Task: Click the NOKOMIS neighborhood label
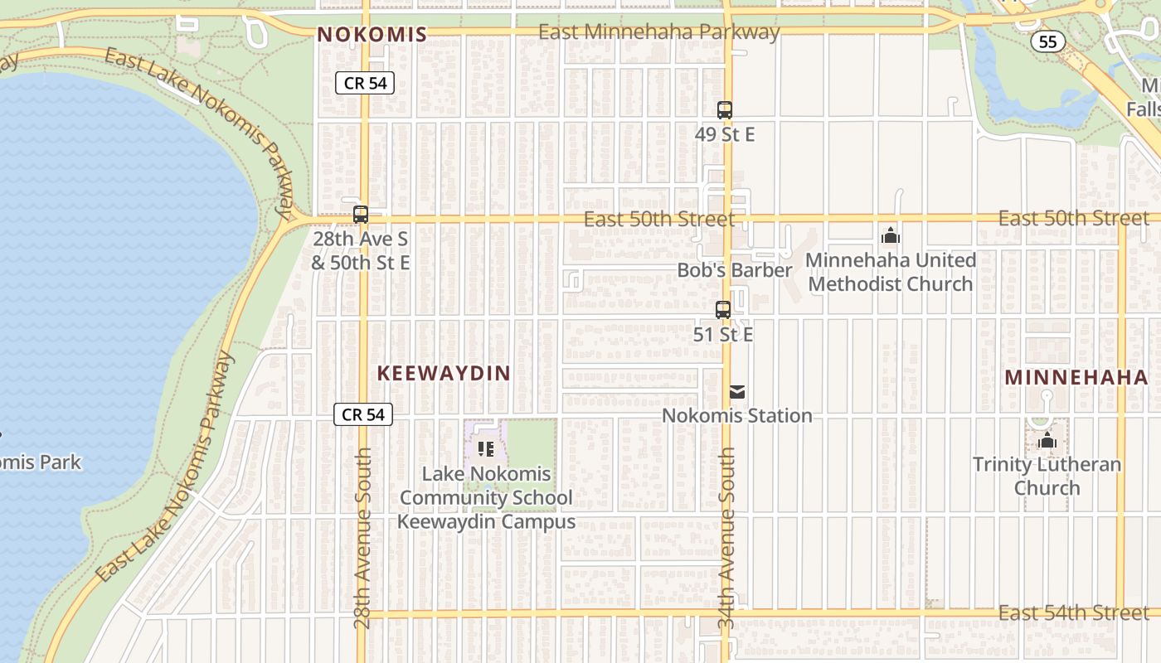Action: [x=372, y=34]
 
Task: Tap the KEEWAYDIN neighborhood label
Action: [x=444, y=373]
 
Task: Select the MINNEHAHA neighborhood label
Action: [x=1076, y=377]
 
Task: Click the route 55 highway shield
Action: [x=1048, y=41]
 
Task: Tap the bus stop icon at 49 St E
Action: [x=725, y=109]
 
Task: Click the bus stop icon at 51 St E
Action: [x=723, y=310]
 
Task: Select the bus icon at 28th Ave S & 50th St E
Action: [x=360, y=214]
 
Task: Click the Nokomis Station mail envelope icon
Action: [x=737, y=392]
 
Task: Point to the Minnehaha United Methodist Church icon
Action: [x=891, y=236]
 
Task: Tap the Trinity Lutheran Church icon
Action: [x=1047, y=440]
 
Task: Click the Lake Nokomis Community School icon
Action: [x=486, y=449]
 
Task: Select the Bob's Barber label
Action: [x=735, y=270]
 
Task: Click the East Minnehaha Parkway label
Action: [x=659, y=32]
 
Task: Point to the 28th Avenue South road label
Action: [x=362, y=539]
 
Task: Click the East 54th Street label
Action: [x=1074, y=612]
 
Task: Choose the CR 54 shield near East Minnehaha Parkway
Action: [x=365, y=83]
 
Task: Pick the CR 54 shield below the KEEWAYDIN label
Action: [x=363, y=414]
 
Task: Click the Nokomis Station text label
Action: [x=737, y=415]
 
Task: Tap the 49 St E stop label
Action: [x=725, y=134]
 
